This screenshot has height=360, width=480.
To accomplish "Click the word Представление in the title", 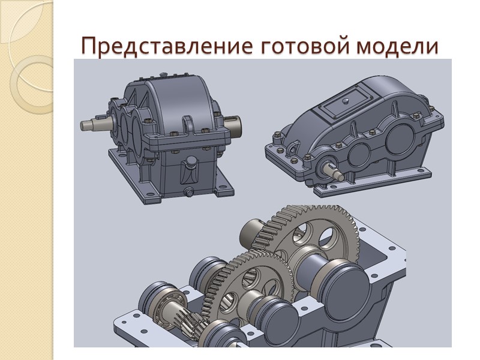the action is pos(167,46).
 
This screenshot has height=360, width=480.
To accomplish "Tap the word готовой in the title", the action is pos(305,46).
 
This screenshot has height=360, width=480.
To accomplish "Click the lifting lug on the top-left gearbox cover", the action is pos(188,125).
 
